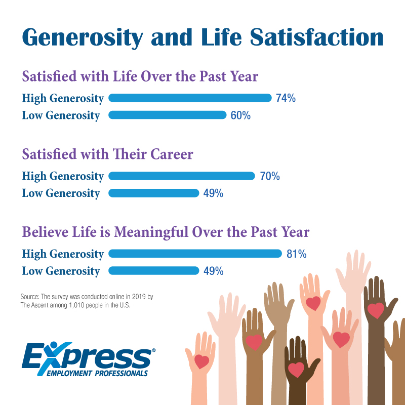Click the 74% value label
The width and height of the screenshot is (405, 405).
(x=286, y=98)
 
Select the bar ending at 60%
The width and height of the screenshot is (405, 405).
(x=168, y=115)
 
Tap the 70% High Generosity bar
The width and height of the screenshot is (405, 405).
(x=182, y=176)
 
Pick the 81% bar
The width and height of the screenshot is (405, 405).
(x=195, y=254)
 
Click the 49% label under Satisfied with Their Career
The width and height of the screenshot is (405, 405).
(x=213, y=193)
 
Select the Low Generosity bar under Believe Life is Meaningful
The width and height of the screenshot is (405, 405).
(x=154, y=271)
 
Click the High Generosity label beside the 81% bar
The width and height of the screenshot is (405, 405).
(x=63, y=254)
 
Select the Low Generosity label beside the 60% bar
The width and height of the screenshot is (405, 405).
(x=61, y=115)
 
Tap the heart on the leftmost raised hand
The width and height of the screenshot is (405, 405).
(x=201, y=361)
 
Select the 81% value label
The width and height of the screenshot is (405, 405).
(x=297, y=254)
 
